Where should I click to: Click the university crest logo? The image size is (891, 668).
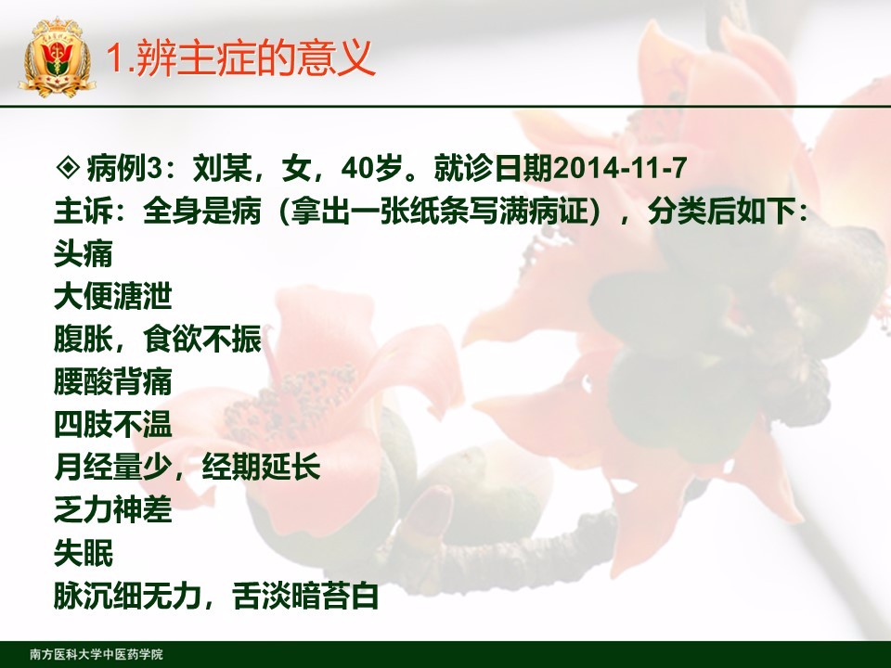point(57,57)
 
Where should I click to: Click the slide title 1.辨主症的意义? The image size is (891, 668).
point(240,58)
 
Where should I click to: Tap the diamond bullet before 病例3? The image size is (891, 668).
point(68,167)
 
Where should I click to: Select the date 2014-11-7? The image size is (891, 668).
point(619,168)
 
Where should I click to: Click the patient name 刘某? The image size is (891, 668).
point(222,168)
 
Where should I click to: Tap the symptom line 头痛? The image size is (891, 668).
point(84,253)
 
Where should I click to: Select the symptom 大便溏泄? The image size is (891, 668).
point(112,296)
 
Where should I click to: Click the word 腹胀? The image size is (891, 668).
point(83,339)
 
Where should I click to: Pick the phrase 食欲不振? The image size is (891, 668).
point(201,339)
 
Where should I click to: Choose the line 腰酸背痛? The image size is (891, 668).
point(112,381)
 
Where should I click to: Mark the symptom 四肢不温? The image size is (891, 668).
point(112,424)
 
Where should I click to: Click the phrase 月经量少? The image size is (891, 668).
point(112,467)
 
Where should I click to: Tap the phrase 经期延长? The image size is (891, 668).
point(261,467)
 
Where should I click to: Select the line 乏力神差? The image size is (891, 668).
point(112,509)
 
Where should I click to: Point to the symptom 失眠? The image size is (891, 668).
point(84,553)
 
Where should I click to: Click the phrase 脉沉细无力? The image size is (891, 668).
point(128,596)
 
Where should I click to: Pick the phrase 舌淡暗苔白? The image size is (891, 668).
point(305,596)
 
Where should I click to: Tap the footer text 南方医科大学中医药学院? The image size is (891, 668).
point(96,654)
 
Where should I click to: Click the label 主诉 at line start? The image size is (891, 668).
point(83,211)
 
